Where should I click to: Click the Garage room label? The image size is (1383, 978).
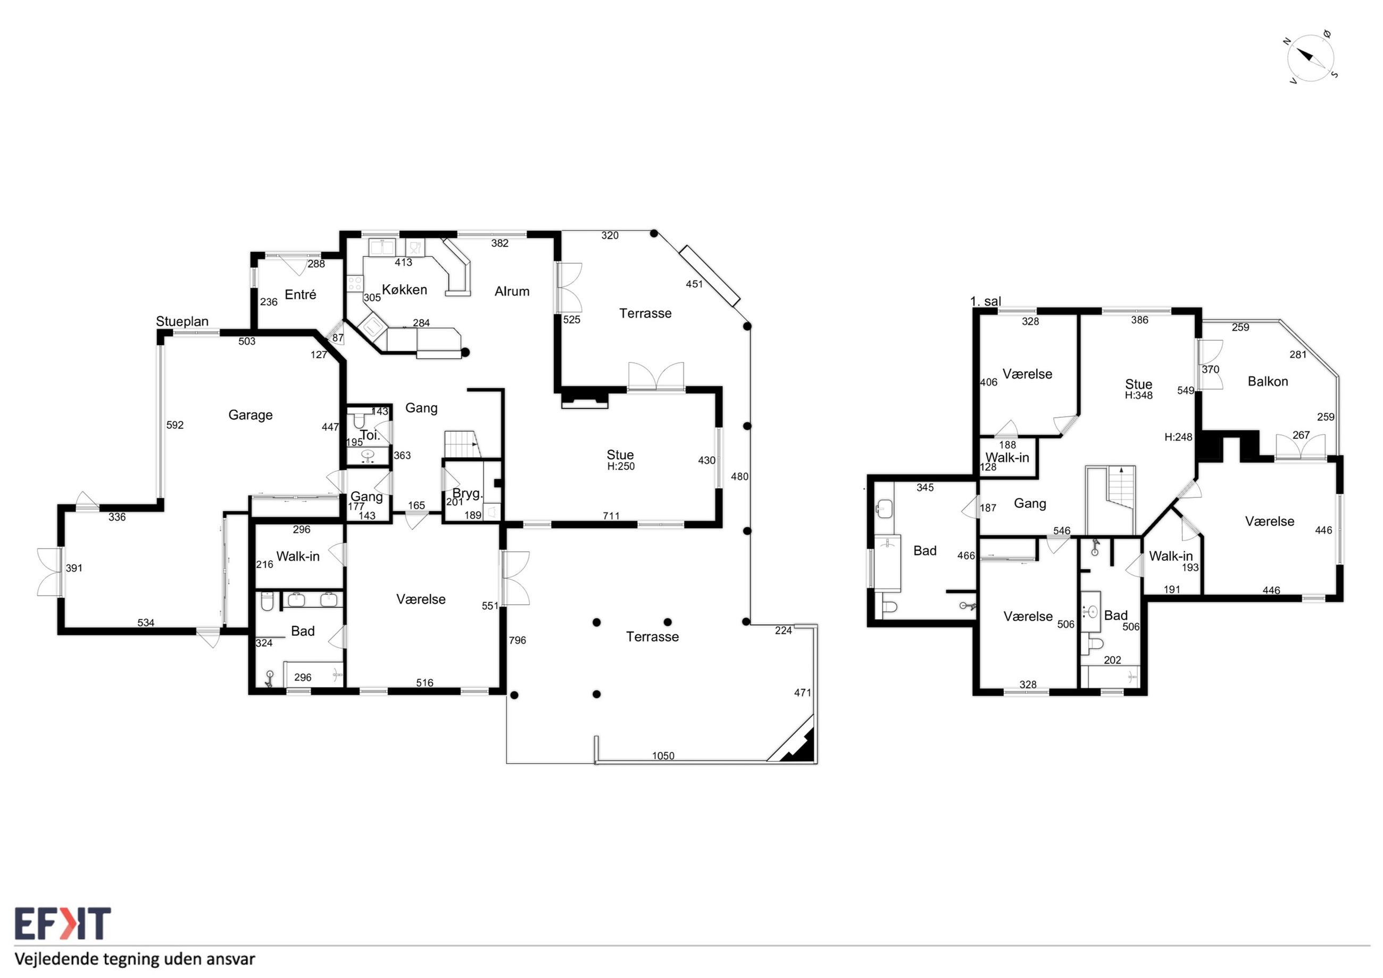(251, 415)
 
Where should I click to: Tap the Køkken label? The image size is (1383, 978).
(405, 290)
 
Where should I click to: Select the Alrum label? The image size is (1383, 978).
(512, 292)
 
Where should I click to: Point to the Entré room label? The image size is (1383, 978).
(301, 295)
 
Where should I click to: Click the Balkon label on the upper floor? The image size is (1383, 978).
(1268, 382)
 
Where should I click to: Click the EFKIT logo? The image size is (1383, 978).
(63, 924)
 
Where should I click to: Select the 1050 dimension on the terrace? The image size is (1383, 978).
(663, 756)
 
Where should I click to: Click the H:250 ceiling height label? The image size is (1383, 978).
(621, 467)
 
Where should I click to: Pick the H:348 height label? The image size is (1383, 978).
(1138, 396)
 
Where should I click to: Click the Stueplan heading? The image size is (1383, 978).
(182, 322)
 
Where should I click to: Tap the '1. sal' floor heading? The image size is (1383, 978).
(986, 301)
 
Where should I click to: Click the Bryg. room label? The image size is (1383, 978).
(468, 494)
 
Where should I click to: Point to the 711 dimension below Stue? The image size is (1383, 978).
(611, 516)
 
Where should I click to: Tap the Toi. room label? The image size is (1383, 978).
(370, 435)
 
